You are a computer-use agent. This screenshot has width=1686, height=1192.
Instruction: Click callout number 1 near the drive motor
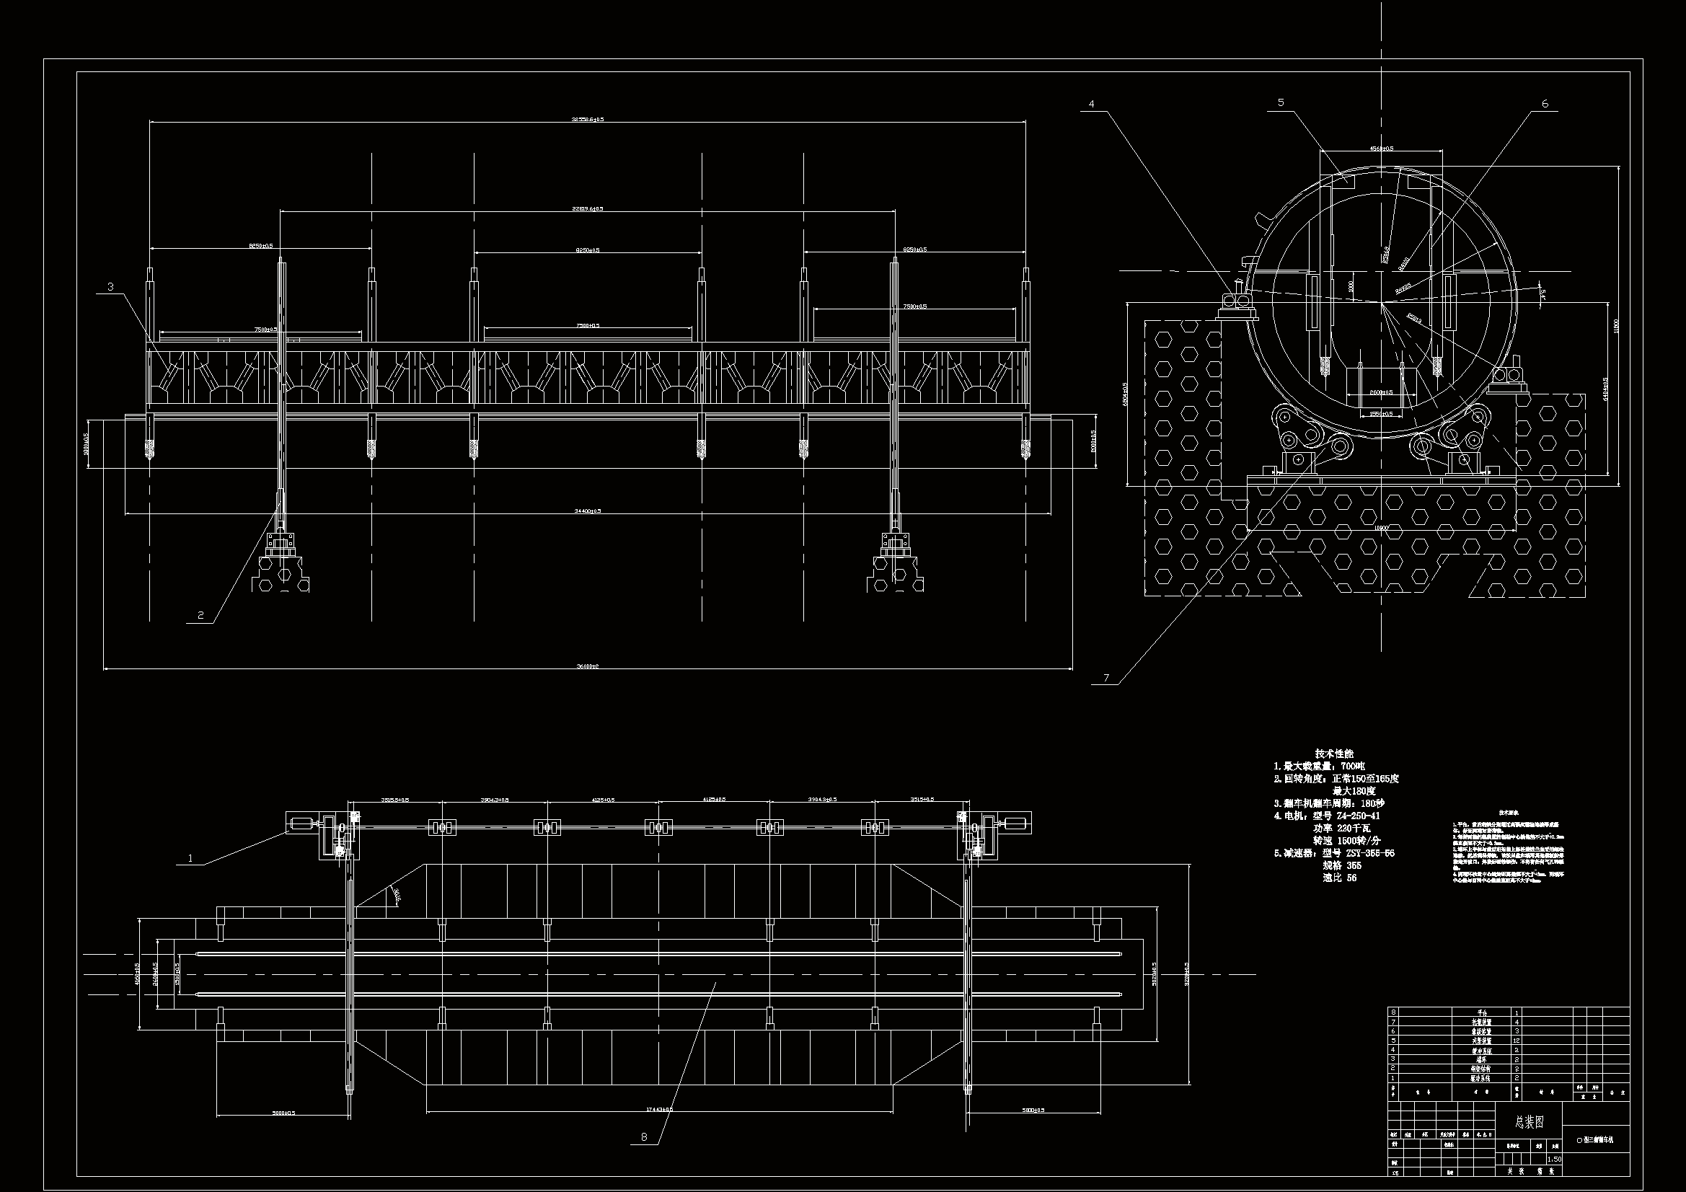pos(191,857)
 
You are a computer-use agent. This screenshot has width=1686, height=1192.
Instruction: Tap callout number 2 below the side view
pos(200,615)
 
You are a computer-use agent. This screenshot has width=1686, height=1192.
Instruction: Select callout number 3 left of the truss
pos(110,286)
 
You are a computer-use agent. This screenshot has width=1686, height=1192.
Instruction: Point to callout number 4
pos(1091,105)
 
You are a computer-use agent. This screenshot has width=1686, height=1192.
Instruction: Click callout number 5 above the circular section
pos(1281,103)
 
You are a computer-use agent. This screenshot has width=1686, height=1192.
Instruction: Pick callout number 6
pos(1545,105)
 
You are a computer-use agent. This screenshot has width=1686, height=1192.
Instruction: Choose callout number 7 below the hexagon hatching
pos(1106,678)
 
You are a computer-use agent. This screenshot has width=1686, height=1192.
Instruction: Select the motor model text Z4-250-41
pos(1359,816)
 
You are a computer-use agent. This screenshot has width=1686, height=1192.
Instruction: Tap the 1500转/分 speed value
pos(1359,840)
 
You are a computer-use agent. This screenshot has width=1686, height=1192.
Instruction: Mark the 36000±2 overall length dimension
pos(588,666)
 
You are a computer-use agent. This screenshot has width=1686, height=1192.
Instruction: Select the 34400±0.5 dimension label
pos(588,511)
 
